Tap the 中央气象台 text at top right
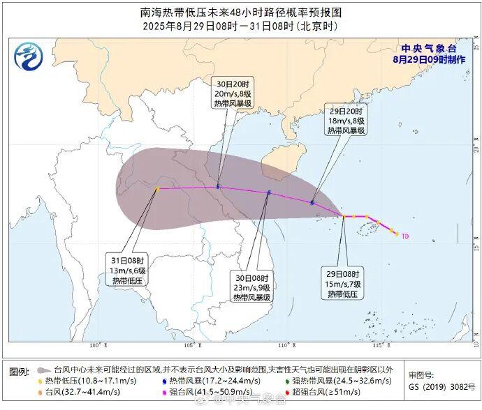[428, 48]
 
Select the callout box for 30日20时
[233, 93]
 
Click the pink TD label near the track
[405, 236]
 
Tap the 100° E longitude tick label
[97, 345]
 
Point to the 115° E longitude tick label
[378, 345]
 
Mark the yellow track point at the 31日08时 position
[157, 189]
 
